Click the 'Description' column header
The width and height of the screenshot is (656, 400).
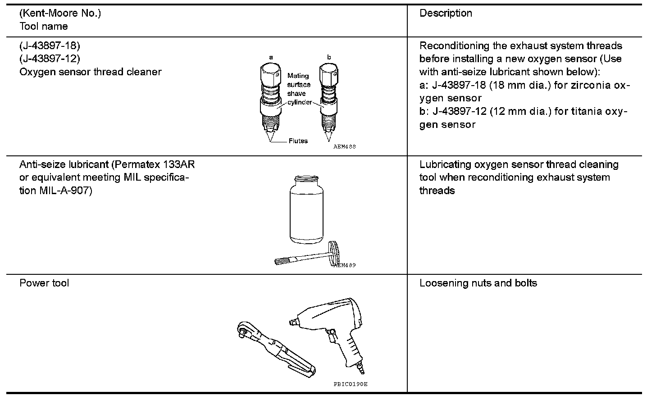(446, 13)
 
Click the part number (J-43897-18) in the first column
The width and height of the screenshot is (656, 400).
(50, 45)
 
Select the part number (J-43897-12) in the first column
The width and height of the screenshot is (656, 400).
(50, 59)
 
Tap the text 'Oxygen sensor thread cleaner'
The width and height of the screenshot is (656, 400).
(90, 72)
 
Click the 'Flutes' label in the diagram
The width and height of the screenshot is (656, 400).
(298, 141)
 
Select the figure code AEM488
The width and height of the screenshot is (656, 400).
(345, 147)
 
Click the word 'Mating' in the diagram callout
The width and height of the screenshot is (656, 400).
(298, 76)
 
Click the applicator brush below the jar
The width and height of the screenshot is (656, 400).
(306, 257)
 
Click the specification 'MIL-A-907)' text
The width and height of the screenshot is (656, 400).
(66, 191)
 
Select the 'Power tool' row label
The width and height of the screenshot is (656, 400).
(44, 283)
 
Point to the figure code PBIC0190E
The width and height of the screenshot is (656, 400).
(350, 384)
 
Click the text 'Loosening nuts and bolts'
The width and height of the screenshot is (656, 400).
(478, 283)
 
